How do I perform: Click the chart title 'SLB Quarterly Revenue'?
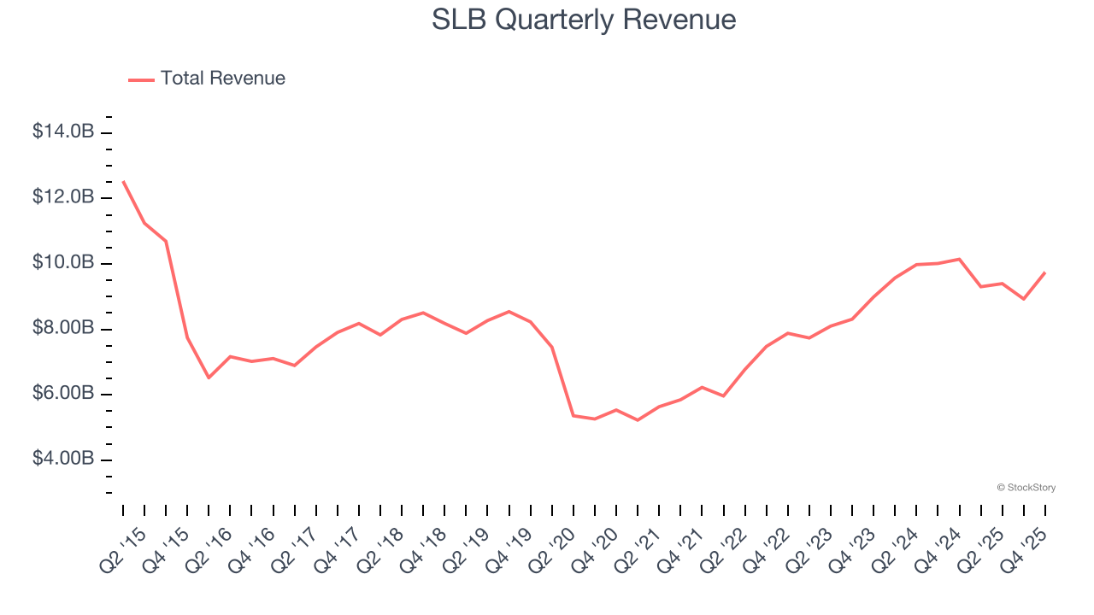tap(584, 20)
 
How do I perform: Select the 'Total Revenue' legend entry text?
tap(222, 79)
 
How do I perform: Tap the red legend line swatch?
tap(141, 79)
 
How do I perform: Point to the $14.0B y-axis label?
tap(62, 132)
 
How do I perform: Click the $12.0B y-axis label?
tap(62, 197)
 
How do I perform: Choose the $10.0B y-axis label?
tap(62, 262)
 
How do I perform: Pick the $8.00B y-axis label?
tap(62, 329)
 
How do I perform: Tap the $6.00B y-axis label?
tap(62, 394)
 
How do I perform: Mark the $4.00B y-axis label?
tap(62, 460)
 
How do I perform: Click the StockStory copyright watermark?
tap(1026, 488)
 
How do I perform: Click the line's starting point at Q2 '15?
tap(123, 181)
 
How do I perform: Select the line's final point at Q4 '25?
tap(1044, 272)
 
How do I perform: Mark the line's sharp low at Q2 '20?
tap(573, 415)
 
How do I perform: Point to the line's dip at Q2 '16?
tap(209, 378)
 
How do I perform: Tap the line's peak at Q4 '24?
tap(959, 259)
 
